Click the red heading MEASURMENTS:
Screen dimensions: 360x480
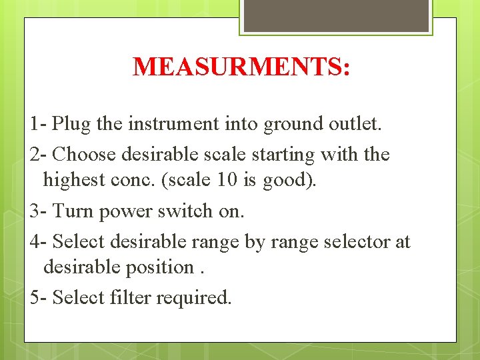coord(241,67)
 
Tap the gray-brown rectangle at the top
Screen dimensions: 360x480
coord(336,15)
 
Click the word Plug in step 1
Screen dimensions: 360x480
coord(72,123)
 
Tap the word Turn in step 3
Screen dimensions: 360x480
coord(73,211)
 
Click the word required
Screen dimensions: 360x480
coord(194,297)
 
